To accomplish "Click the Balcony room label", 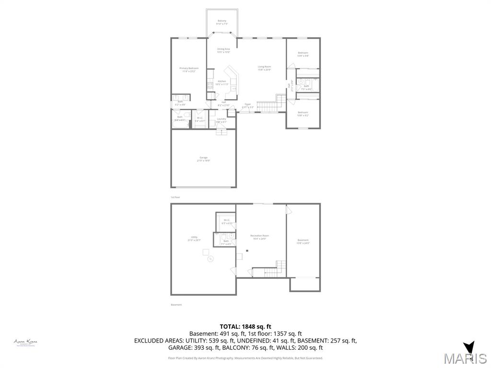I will click(222, 22).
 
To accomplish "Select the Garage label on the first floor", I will click(203, 159).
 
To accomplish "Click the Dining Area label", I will click(223, 50).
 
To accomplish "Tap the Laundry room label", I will click(221, 120).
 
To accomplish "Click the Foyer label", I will click(247, 105).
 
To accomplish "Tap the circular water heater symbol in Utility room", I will click(210, 259).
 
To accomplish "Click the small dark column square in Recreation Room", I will click(247, 251).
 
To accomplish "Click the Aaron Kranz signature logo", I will click(25, 342).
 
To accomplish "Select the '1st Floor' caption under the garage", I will click(175, 197).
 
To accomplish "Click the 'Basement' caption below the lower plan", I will click(176, 305).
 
